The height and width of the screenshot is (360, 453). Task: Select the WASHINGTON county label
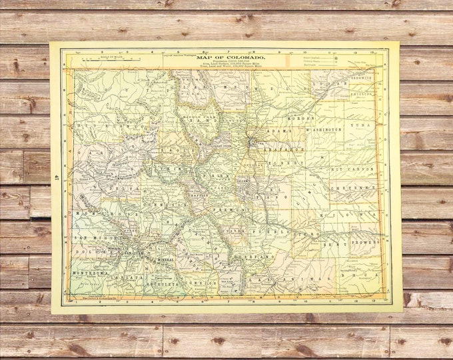[x=324, y=129]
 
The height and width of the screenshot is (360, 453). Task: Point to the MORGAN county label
[x=295, y=118]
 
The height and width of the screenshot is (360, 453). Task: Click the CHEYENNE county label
[x=360, y=188]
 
